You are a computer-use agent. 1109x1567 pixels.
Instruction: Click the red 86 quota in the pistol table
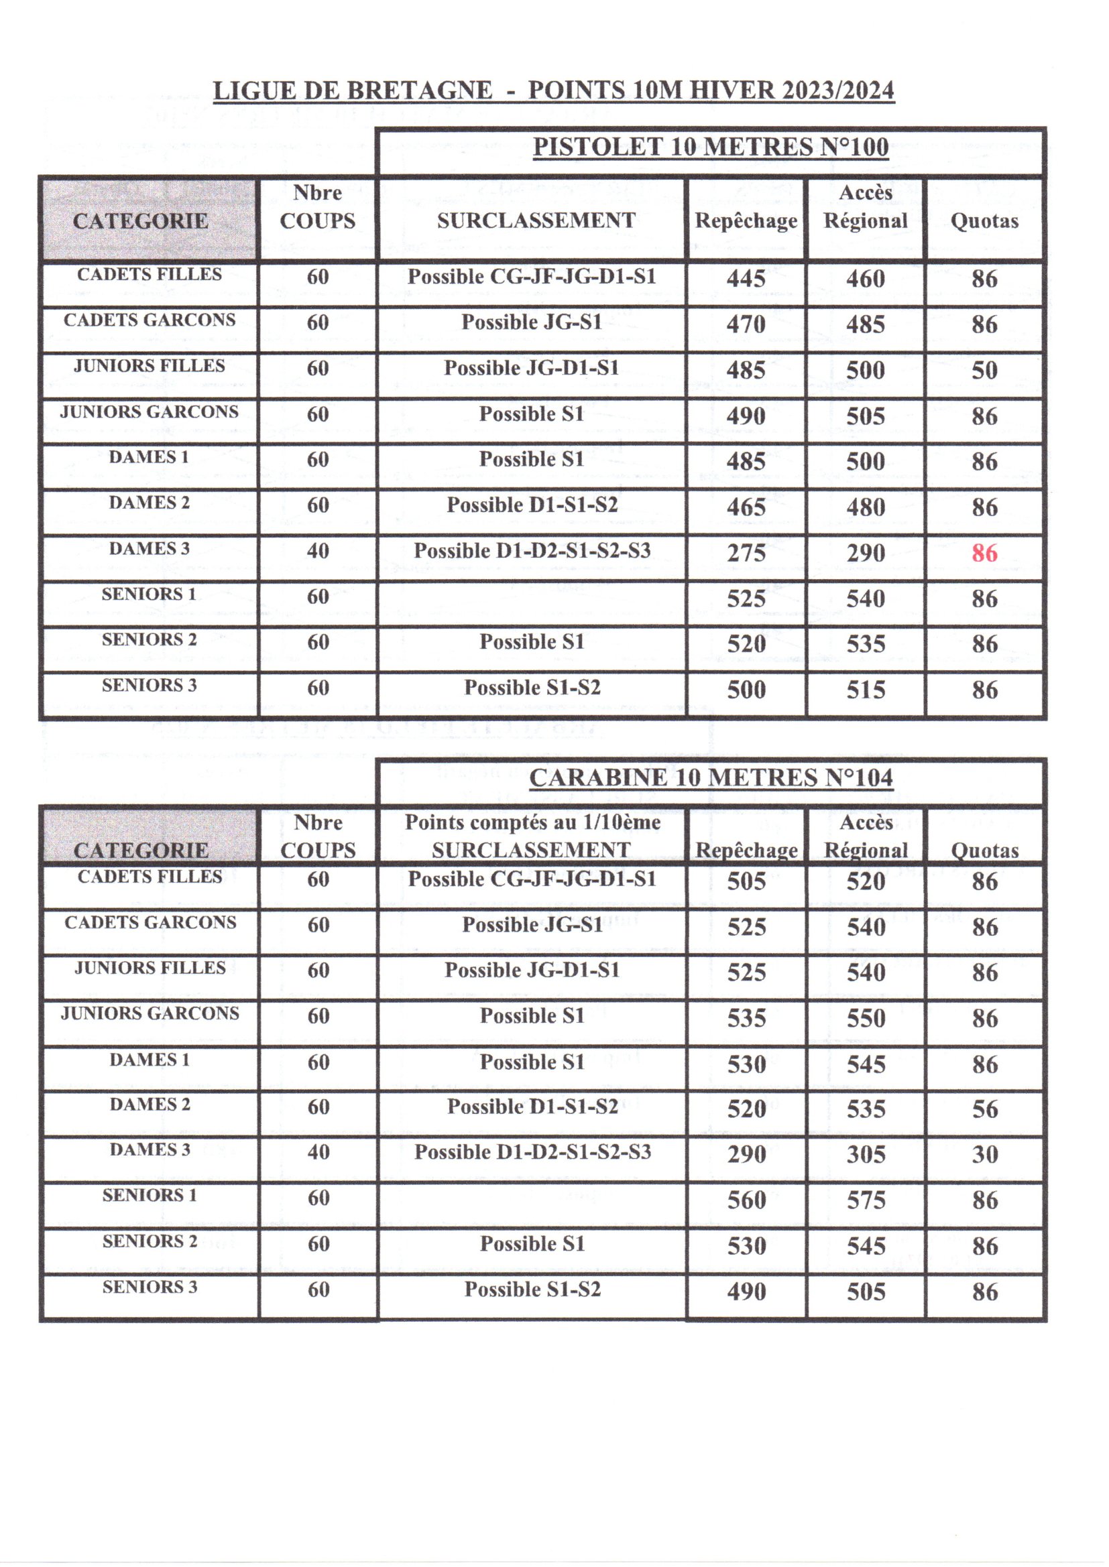984,553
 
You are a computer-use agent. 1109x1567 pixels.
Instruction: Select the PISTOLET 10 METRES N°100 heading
710,147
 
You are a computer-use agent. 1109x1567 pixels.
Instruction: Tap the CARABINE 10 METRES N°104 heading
710,777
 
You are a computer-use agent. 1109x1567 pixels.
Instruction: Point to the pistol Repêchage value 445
746,278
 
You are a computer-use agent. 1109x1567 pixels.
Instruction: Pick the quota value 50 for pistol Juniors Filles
984,371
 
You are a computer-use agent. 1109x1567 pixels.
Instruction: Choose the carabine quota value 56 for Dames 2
985,1109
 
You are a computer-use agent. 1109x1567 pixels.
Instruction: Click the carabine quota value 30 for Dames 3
985,1155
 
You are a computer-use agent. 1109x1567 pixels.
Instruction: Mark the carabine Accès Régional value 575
866,1200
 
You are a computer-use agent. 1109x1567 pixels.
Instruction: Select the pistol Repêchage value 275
746,553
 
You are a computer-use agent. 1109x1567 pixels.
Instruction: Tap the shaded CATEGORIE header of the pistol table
141,221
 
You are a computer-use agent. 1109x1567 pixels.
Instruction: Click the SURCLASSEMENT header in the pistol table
536,221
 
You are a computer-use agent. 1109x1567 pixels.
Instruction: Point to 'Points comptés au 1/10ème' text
532,822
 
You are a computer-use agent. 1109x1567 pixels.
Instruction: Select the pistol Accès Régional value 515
866,690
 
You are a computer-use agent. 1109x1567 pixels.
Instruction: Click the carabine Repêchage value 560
746,1200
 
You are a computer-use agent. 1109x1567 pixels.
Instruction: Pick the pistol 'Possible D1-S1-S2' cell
532,505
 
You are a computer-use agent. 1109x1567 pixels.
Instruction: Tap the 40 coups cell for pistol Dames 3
318,551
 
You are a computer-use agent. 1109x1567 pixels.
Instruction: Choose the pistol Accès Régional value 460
866,278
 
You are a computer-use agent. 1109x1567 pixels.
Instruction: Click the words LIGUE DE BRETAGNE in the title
353,90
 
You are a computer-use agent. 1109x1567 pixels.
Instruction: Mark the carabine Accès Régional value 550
866,1018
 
